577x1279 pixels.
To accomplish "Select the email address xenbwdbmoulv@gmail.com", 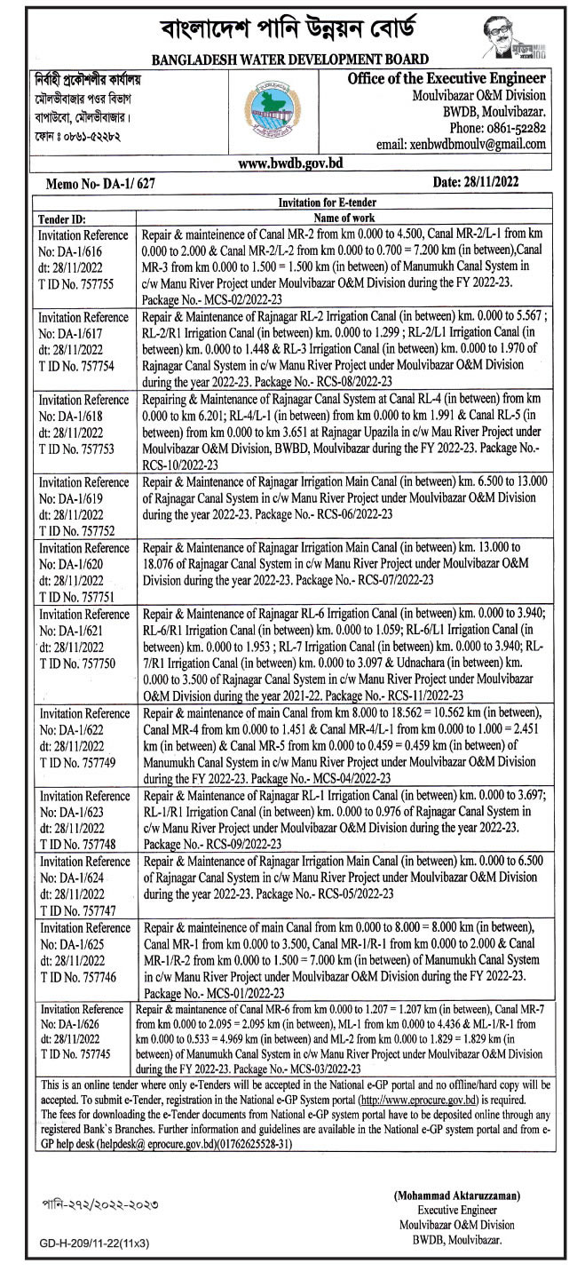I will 474,143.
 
